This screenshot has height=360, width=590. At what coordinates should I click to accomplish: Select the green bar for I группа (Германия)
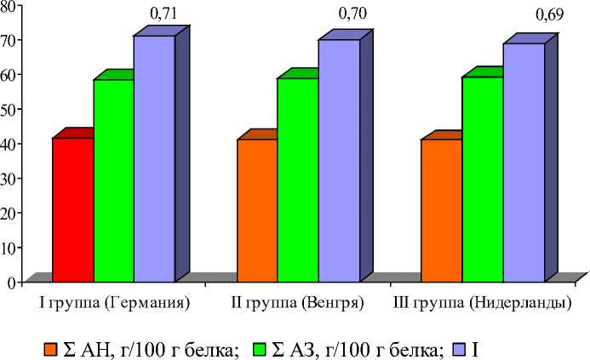tap(113, 180)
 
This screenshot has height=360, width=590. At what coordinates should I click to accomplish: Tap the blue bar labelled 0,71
tap(154, 158)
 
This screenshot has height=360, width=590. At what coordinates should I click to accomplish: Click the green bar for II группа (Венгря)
tap(298, 179)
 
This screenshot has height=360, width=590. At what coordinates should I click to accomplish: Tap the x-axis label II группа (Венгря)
tap(297, 303)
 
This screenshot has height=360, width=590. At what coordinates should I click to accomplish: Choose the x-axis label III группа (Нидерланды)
tap(482, 303)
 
